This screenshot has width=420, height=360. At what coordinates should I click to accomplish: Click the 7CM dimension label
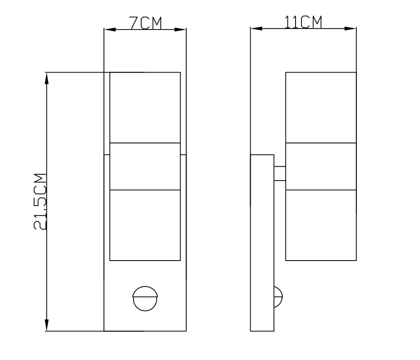click(146, 23)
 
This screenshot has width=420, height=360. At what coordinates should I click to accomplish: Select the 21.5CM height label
click(40, 202)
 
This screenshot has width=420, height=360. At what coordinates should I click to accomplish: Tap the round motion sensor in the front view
click(145, 298)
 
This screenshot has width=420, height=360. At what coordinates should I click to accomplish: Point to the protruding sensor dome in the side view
click(278, 297)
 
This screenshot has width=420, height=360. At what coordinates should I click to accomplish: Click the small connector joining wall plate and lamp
click(280, 173)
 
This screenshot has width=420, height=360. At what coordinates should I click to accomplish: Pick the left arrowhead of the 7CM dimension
click(110, 30)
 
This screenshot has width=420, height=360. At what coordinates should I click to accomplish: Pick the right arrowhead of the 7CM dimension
click(180, 30)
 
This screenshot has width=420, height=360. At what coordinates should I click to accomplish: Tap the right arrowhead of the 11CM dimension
click(351, 29)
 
